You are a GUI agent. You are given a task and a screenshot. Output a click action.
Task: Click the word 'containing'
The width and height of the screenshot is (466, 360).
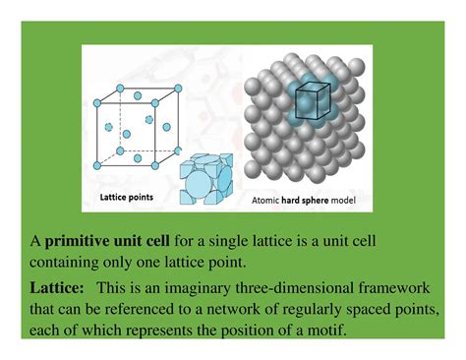[x=68, y=262]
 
